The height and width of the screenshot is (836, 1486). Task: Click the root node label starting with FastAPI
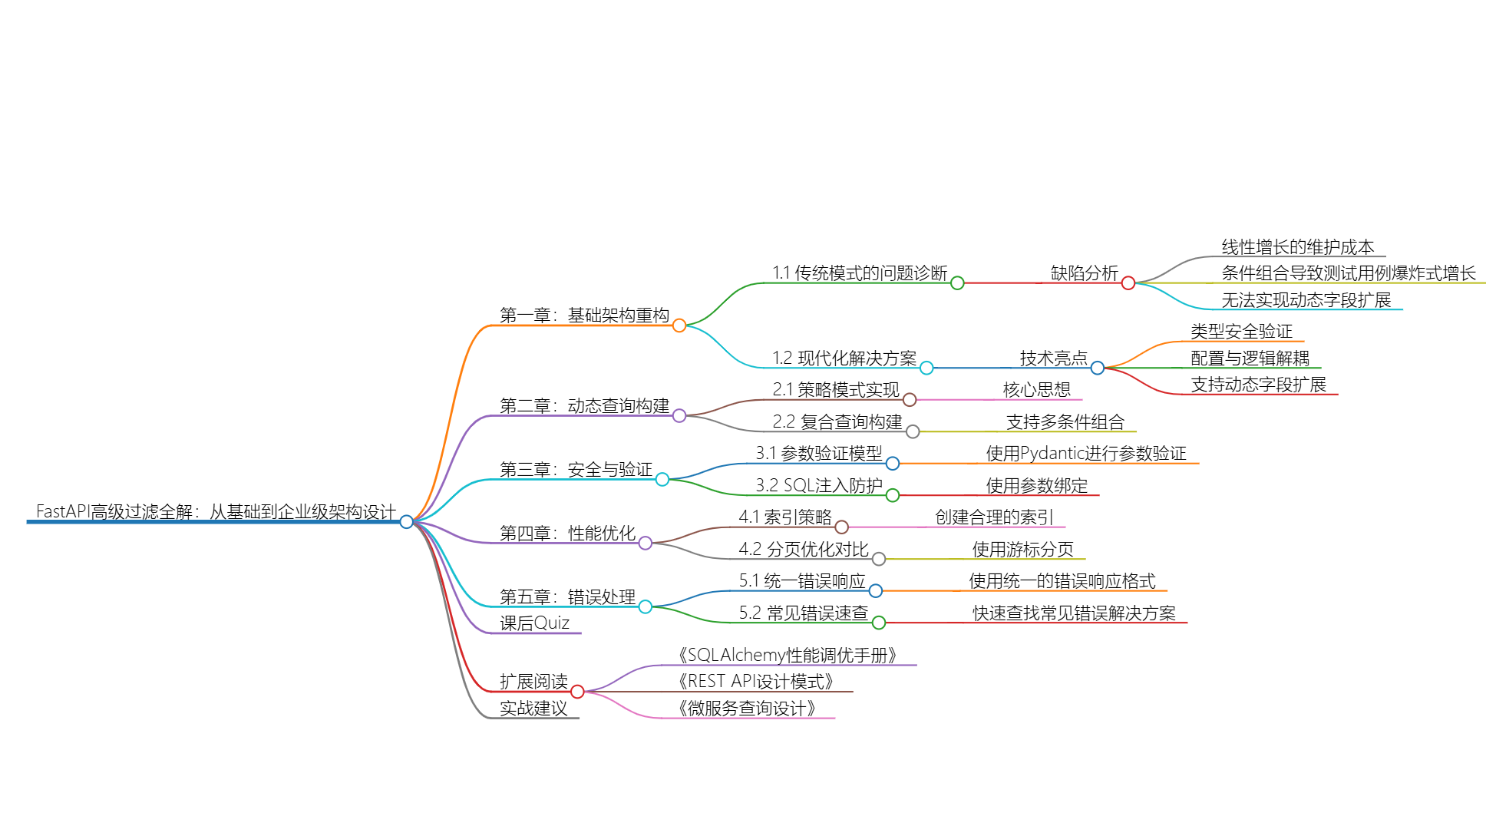click(216, 511)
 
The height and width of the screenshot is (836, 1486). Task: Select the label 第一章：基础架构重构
click(584, 316)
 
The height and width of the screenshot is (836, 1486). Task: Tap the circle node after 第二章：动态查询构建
click(679, 416)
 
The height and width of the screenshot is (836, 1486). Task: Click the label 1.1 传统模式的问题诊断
click(860, 273)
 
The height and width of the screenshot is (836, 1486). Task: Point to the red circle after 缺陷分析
click(1128, 283)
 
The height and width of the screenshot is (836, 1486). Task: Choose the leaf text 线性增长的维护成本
click(1298, 247)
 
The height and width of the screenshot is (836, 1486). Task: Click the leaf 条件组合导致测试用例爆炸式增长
click(1349, 273)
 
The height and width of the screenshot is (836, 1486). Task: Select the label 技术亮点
click(1053, 359)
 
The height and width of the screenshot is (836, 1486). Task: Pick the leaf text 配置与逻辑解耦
click(1250, 359)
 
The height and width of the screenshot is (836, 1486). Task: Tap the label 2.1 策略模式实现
click(836, 390)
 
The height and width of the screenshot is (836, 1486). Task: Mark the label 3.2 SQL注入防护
click(819, 486)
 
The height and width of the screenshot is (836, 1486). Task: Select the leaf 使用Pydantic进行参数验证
click(1086, 454)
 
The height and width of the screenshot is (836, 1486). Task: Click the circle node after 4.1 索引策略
click(842, 527)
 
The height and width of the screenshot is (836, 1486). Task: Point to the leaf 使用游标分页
click(1022, 550)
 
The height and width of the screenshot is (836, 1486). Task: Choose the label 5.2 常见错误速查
click(804, 613)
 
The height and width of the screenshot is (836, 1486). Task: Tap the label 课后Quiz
click(534, 623)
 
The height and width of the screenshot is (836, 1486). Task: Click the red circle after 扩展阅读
click(578, 692)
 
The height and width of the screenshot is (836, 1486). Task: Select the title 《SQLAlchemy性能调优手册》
click(787, 656)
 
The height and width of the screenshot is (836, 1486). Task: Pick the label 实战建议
click(533, 709)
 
